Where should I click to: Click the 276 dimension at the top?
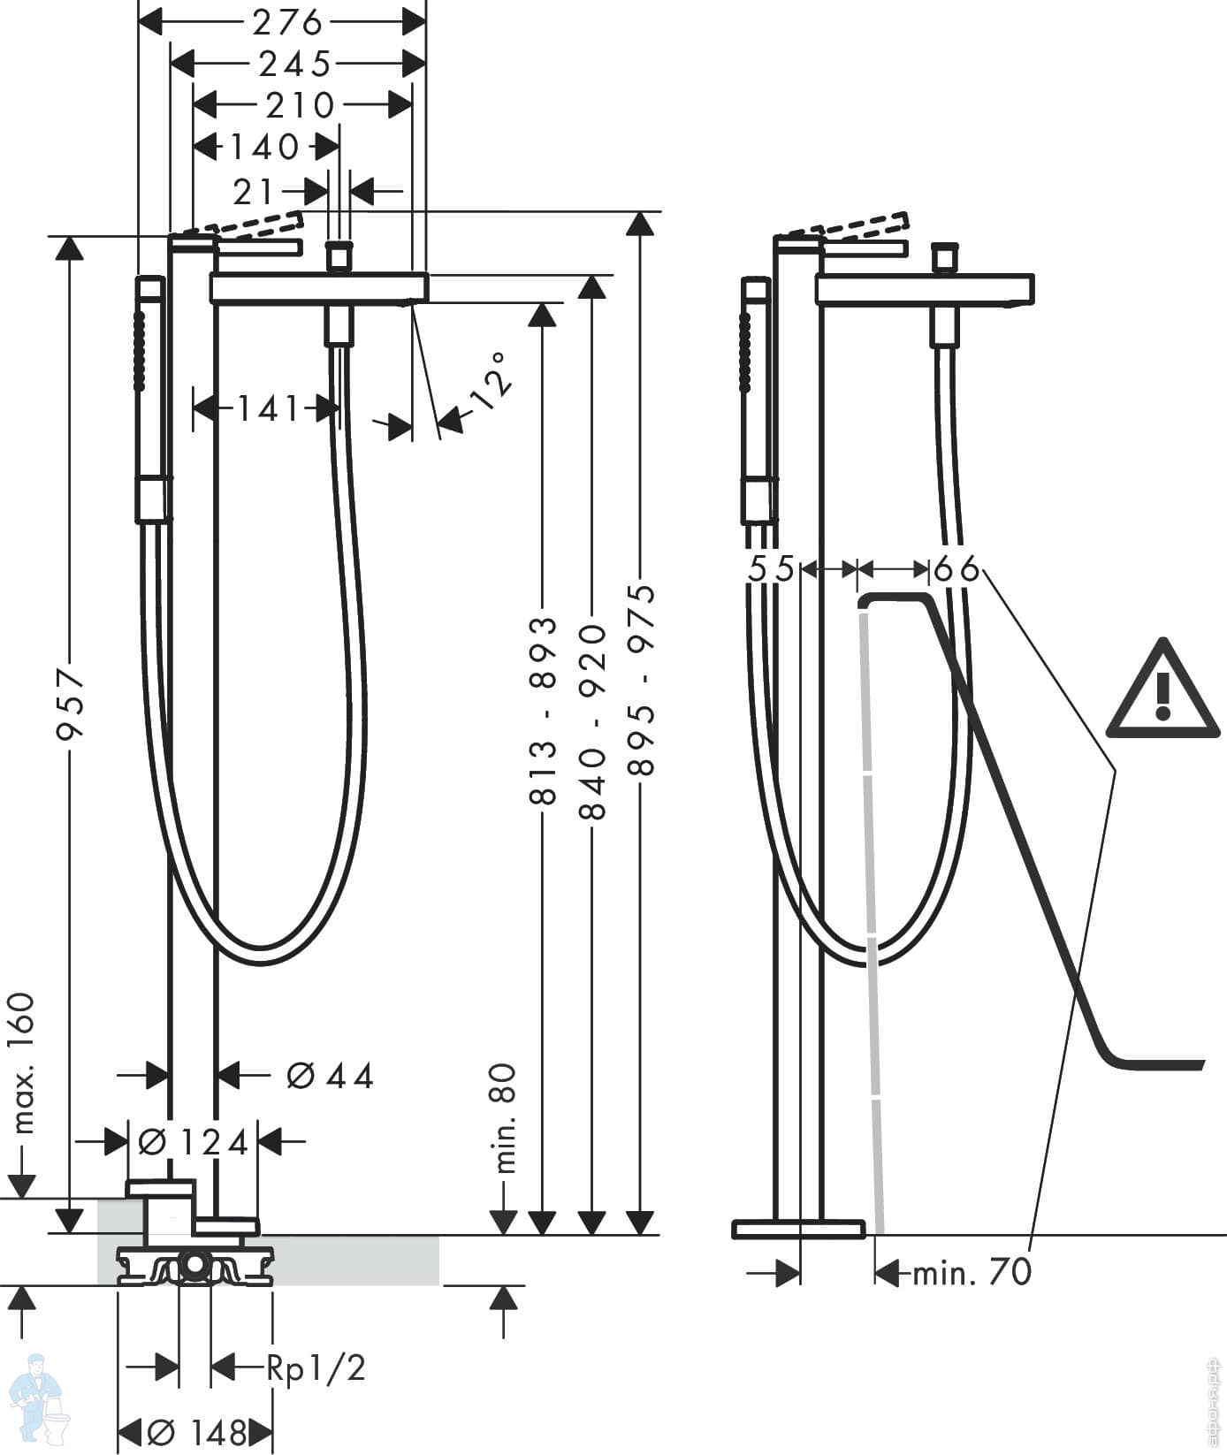pos(287,22)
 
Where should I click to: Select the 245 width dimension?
pos(295,64)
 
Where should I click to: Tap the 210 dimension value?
pos(301,105)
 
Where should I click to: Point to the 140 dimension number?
pos(264,146)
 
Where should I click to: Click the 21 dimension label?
pos(254,190)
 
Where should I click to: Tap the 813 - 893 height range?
pos(544,711)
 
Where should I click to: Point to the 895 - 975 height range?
pos(642,680)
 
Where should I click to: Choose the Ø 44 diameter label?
pos(331,1076)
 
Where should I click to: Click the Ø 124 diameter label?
pos(194,1143)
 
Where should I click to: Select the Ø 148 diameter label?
pos(196,1433)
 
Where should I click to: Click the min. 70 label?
pos(972,1272)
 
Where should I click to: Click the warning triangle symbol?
pos(1163,689)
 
